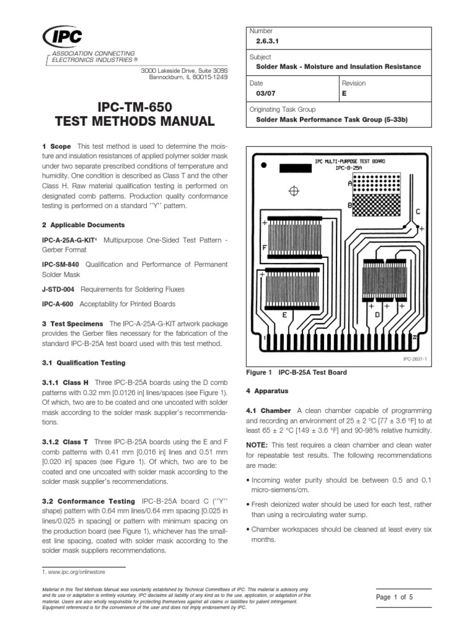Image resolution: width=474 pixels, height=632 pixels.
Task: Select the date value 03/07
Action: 265,95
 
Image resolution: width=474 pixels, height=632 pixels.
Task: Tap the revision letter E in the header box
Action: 344,95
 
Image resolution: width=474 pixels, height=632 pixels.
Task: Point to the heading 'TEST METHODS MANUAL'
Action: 131,122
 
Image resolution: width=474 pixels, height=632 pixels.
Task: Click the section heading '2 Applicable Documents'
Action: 83,225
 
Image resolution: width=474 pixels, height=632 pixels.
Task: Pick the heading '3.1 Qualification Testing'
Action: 83,362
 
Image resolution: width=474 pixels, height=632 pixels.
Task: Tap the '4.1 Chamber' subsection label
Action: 269,410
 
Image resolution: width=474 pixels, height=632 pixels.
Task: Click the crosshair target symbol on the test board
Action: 294,191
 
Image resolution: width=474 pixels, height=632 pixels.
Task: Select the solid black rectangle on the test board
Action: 297,168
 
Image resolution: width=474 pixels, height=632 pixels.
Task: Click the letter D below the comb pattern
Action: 377,315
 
